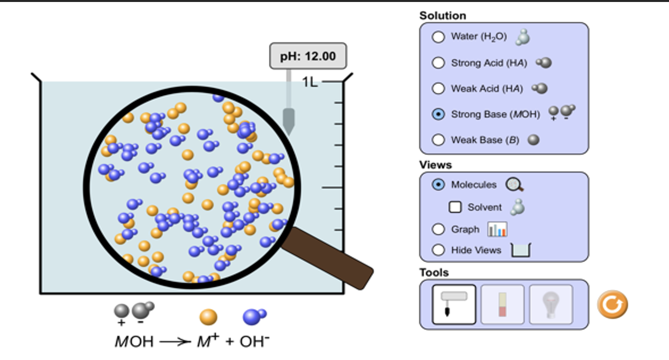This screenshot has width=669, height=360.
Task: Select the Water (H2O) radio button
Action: click(x=438, y=37)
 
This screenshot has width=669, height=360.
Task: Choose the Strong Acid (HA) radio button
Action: click(x=438, y=63)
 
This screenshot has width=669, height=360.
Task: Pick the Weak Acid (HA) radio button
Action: click(x=438, y=89)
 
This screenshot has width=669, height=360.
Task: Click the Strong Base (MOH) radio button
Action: click(x=438, y=114)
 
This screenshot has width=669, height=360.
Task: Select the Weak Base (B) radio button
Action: click(x=438, y=140)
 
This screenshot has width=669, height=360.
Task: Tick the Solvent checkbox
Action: click(x=455, y=207)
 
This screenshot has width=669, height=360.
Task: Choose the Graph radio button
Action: click(x=438, y=229)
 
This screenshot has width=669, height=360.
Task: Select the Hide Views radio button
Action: click(x=438, y=250)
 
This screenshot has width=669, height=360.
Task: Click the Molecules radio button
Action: click(x=438, y=184)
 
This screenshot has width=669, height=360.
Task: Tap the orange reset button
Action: click(x=612, y=305)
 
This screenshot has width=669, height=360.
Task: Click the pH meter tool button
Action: click(x=454, y=304)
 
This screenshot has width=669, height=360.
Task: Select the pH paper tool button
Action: click(x=502, y=304)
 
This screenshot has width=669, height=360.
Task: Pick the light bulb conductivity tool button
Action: click(x=551, y=304)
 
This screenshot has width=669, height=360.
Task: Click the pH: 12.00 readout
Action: click(x=308, y=56)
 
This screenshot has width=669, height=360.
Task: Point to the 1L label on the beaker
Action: click(x=310, y=82)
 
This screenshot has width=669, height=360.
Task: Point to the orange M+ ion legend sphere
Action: click(x=208, y=316)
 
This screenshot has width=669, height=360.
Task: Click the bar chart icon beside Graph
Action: click(x=497, y=229)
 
